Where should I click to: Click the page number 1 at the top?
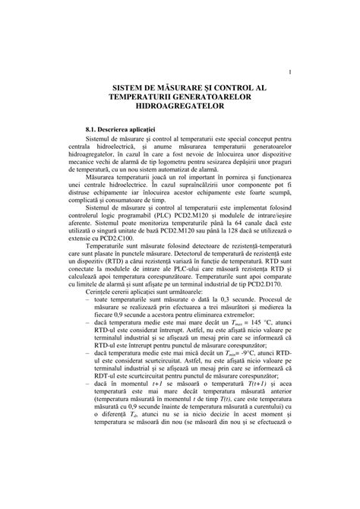(x=292, y=73)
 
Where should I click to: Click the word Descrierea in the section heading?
(x=125, y=132)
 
